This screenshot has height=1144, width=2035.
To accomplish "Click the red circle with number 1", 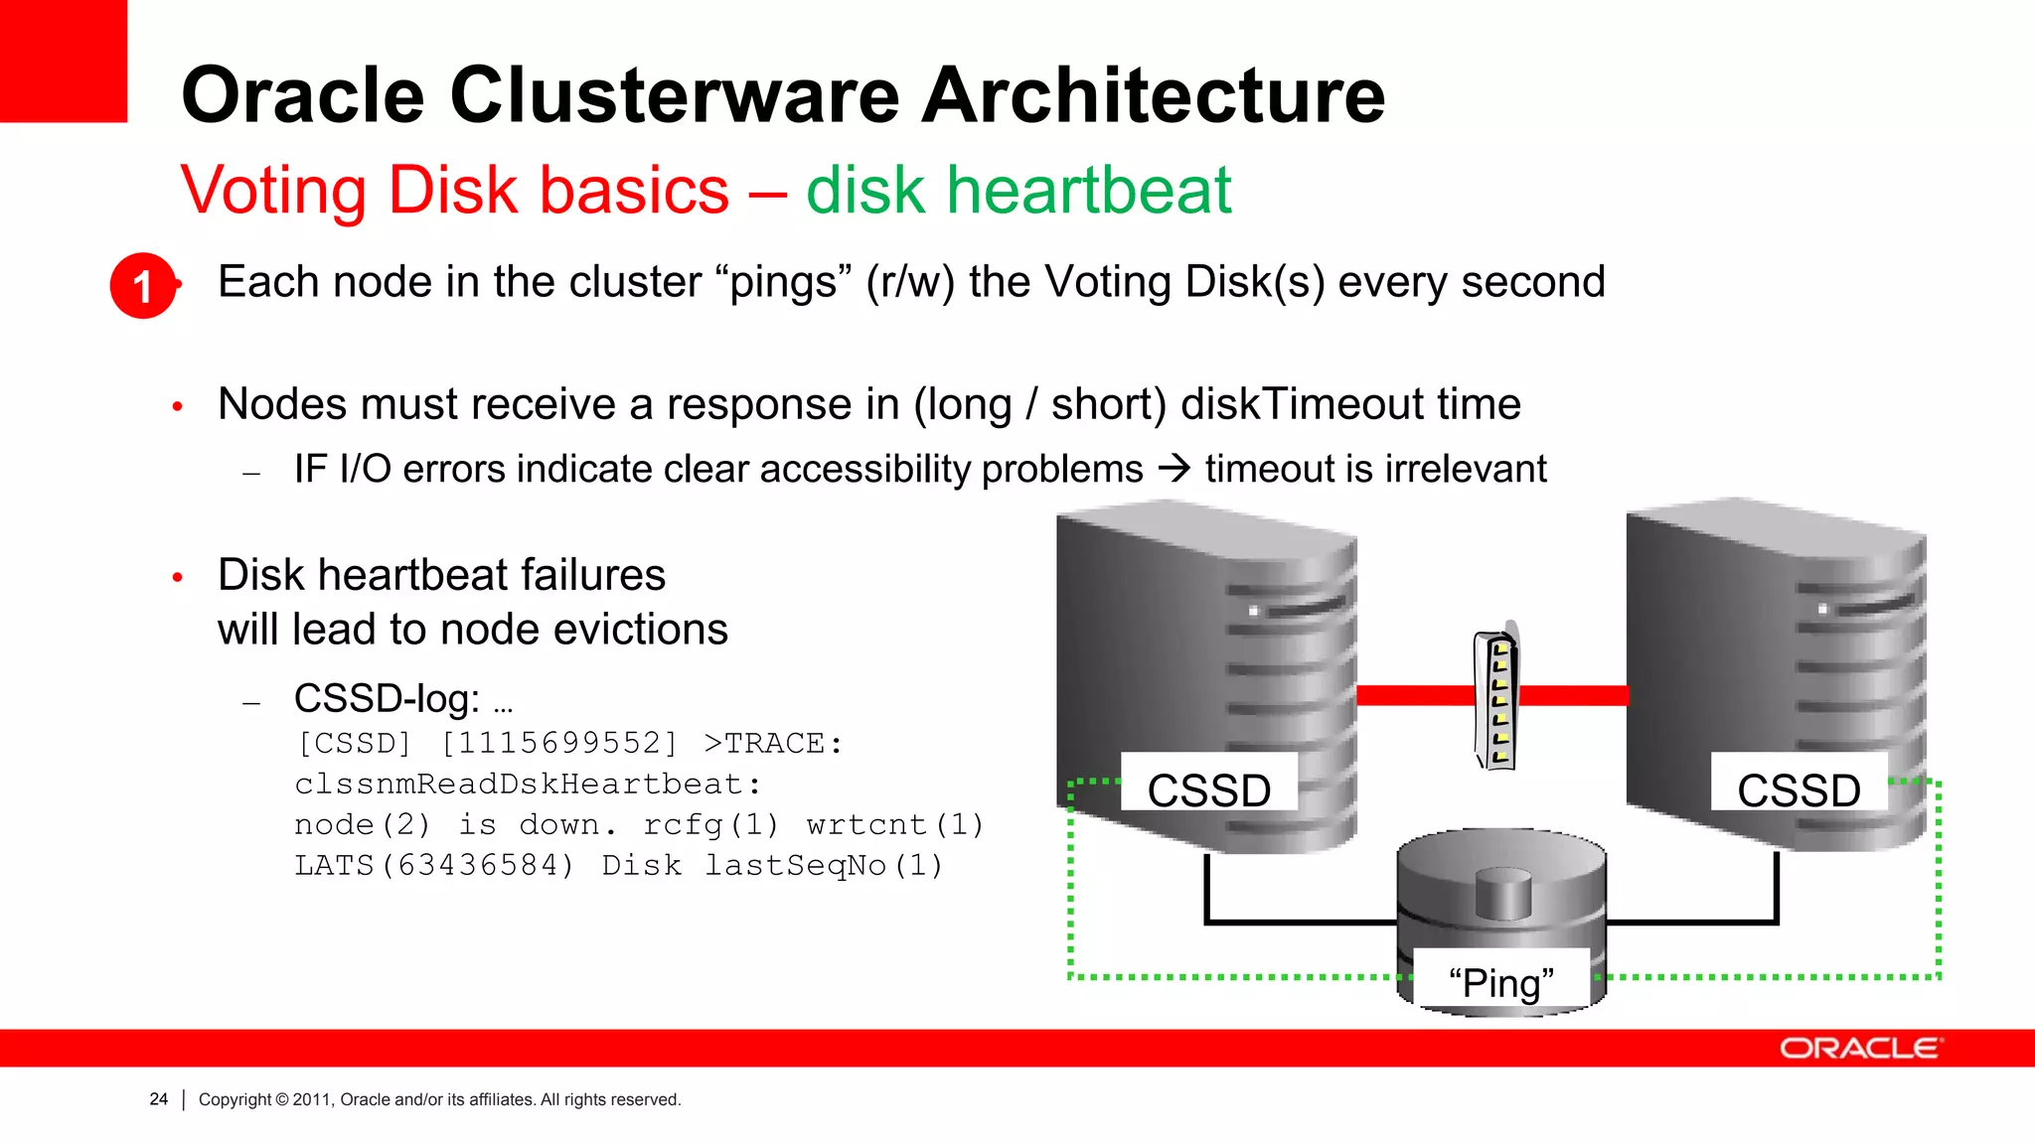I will point(143,286).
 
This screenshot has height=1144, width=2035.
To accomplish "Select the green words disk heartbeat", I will point(1018,190).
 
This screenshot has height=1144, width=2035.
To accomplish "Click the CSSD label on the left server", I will point(1208,790).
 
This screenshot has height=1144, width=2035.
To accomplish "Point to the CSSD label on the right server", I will point(1799,790).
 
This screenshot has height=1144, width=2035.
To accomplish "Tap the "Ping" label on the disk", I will point(1500,983).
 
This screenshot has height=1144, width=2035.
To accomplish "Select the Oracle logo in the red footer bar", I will point(1859,1049).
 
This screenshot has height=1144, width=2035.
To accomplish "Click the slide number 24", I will point(159,1099).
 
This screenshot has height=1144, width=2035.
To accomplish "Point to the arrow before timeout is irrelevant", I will point(1174,468).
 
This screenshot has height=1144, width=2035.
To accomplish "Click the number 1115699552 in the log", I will point(558,743).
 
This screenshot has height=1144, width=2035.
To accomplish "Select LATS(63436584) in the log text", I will point(433,865).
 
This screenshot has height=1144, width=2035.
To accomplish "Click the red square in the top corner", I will point(64,60).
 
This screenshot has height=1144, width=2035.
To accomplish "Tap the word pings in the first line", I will point(783,282).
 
